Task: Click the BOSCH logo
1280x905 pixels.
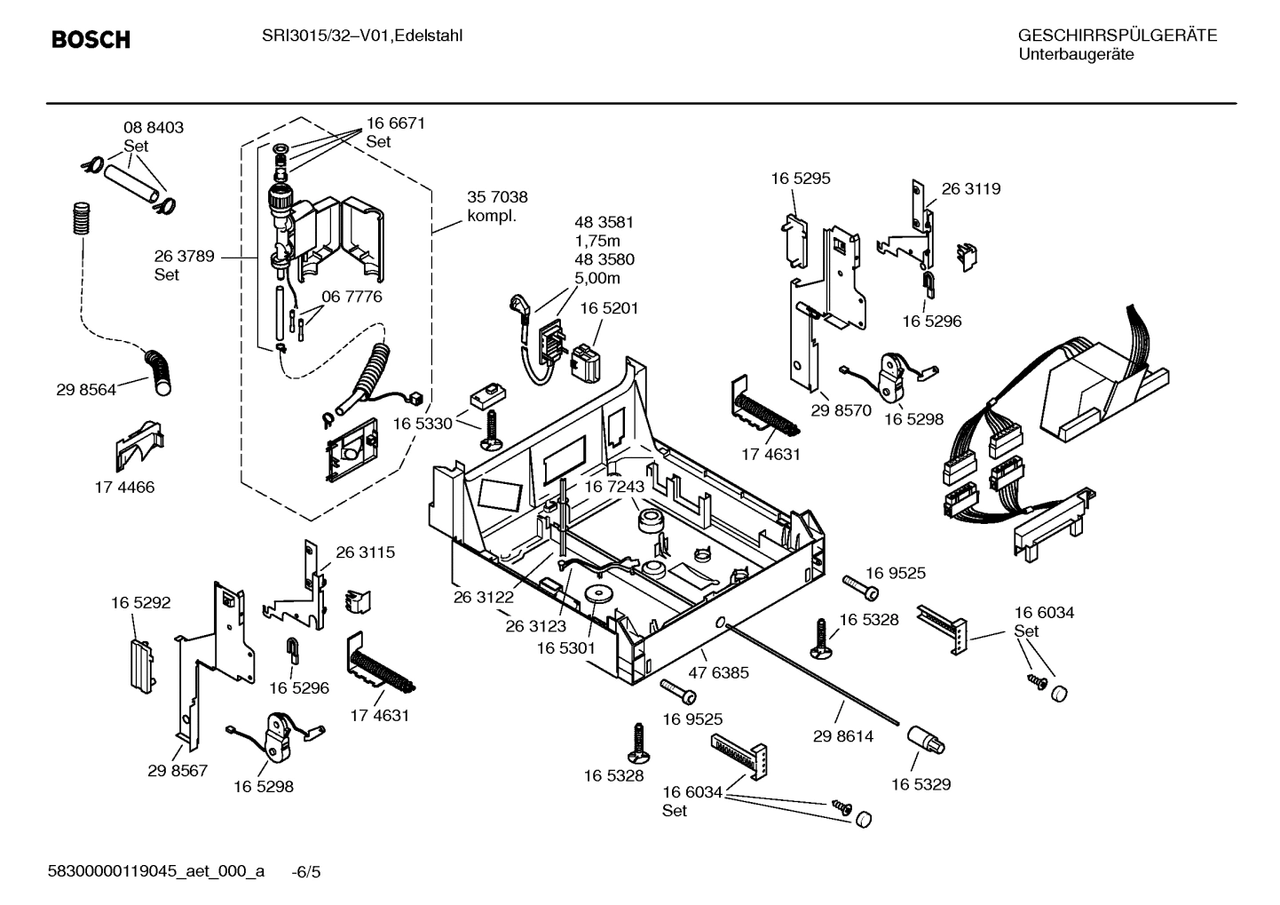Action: (91, 40)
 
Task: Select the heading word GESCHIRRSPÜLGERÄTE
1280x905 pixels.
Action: (1117, 36)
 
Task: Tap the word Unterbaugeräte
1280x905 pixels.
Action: (1075, 55)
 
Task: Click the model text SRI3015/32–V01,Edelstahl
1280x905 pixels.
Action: (362, 36)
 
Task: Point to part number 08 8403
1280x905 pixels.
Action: (154, 128)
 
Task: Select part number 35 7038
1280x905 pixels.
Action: (497, 197)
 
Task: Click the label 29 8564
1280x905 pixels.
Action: (86, 389)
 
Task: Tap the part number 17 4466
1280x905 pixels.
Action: (124, 487)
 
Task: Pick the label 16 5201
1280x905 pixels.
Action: (609, 308)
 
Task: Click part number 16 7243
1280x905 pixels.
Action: (614, 487)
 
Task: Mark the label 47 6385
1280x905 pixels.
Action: (719, 672)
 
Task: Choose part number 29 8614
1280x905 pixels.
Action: (843, 736)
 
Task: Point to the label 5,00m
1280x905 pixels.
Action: (597, 278)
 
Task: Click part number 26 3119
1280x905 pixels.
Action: (970, 189)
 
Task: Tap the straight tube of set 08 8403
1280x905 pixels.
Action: (131, 180)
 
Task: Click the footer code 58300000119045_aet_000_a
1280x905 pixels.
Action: (155, 870)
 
